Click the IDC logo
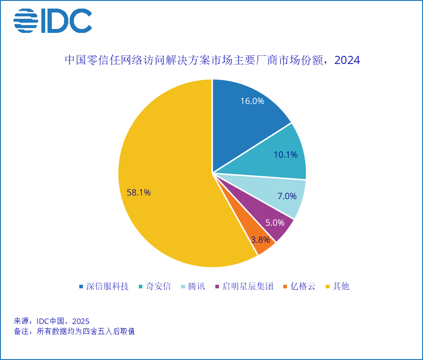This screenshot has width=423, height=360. pyautogui.click(x=52, y=21)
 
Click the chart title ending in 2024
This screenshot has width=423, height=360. pyautogui.click(x=212, y=60)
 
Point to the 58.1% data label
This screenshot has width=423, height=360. pyautogui.click(x=139, y=192)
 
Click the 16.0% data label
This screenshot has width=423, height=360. pyautogui.click(x=252, y=101)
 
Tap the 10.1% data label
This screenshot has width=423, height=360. pyautogui.click(x=286, y=155)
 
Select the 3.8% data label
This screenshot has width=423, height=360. pyautogui.click(x=260, y=240)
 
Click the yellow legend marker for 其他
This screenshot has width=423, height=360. pyautogui.click(x=327, y=287)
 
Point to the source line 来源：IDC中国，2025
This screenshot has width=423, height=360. pyautogui.click(x=52, y=321)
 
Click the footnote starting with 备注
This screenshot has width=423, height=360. pyautogui.click(x=74, y=332)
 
